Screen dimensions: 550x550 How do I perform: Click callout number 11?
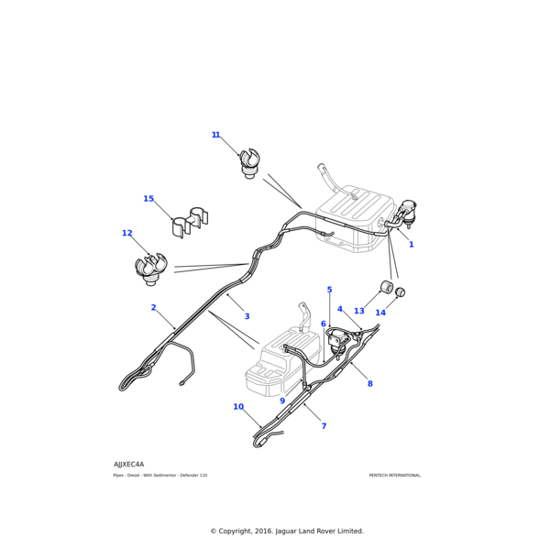(216, 136)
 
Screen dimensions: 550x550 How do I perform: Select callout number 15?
(148, 199)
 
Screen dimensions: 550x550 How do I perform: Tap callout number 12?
(127, 234)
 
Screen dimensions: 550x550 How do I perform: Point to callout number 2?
(154, 308)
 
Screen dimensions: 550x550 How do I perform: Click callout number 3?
(247, 316)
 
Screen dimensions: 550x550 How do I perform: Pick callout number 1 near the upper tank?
(411, 245)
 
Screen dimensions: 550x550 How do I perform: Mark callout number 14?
(380, 313)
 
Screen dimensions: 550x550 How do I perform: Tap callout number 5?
(330, 290)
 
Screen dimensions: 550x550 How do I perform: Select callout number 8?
(370, 383)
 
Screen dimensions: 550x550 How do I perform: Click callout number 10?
(238, 407)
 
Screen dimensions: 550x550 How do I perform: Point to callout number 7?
(324, 426)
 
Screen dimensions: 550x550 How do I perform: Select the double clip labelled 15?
(190, 223)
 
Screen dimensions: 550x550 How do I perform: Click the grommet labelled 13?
(387, 290)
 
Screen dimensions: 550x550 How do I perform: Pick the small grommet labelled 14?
(401, 293)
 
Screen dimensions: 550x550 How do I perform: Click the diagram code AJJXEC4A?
(128, 464)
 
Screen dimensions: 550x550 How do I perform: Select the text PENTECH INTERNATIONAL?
(395, 475)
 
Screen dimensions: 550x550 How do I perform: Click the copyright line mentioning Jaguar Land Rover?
(287, 531)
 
